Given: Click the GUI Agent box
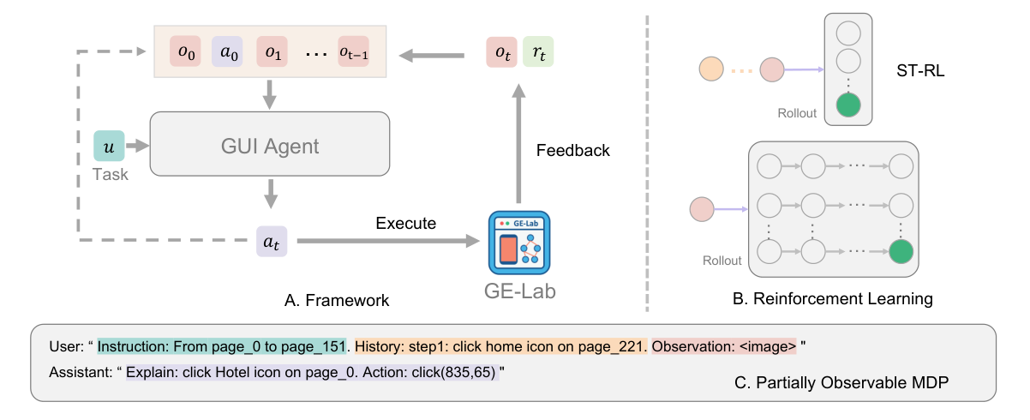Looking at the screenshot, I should [x=269, y=147].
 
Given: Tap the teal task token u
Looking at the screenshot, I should [x=108, y=147].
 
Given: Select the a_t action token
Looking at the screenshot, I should [x=271, y=243].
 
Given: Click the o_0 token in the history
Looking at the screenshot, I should [x=186, y=51].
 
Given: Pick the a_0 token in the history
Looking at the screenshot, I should [x=227, y=51].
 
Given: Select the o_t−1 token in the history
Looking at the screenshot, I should [x=353, y=51].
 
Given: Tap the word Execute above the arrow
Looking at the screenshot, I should [x=405, y=223].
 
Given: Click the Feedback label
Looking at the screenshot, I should [x=572, y=151].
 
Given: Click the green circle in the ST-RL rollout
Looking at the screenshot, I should [x=847, y=106].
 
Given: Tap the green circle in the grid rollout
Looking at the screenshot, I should [x=901, y=252].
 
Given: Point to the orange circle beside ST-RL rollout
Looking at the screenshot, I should [x=712, y=69].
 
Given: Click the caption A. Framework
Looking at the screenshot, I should [x=337, y=300].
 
